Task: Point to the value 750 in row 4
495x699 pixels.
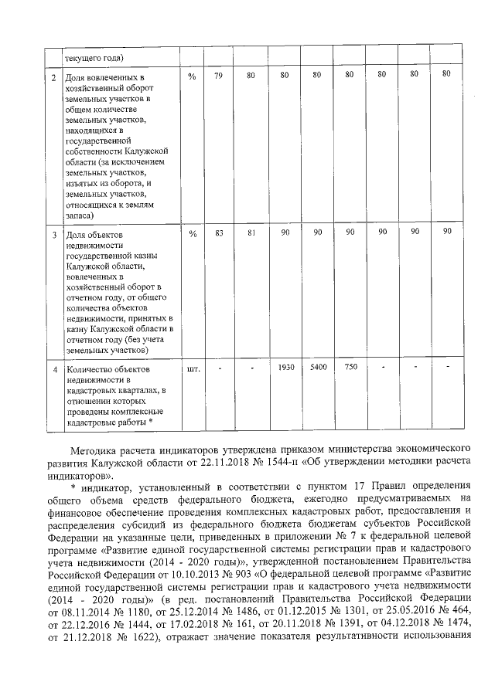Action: (350, 367)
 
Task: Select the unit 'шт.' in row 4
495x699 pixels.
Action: (193, 368)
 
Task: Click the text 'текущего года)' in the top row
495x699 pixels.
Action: (95, 57)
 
